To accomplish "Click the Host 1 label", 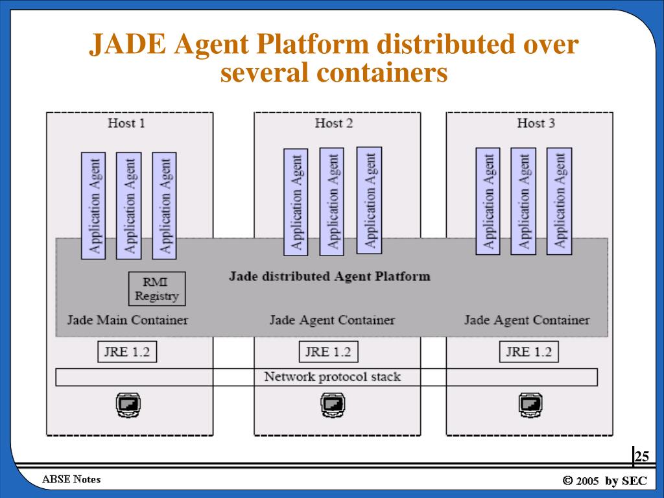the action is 126,123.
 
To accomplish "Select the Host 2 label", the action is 334,123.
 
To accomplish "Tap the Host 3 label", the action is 536,123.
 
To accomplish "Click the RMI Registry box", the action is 157,289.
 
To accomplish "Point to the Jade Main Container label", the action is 128,320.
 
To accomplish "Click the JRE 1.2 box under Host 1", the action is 127,351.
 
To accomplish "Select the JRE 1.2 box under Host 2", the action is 329,351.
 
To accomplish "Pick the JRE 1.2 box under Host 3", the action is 529,351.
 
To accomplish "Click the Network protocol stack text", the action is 333,377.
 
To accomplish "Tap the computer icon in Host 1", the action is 128,405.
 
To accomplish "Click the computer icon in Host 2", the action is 333,405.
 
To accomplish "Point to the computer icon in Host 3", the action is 530,405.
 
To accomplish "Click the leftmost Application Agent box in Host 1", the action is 93,206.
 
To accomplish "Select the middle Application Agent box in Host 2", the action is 331,202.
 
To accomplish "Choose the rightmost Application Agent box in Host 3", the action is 560,201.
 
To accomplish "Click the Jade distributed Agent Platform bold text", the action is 329,276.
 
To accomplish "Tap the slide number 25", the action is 641,456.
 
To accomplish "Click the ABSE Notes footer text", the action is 71,479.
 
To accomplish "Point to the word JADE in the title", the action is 128,44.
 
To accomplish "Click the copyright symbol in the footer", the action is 567,480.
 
